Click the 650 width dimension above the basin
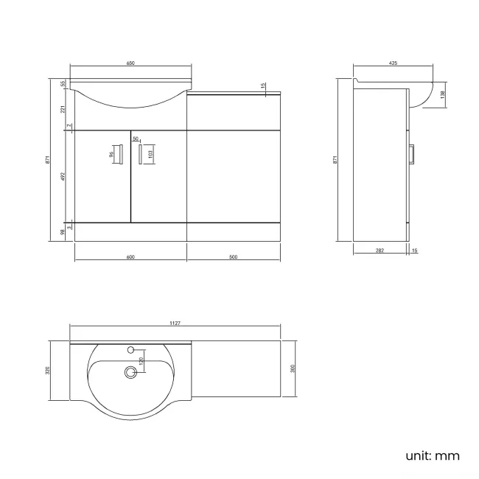click(x=130, y=64)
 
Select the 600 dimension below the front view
click(x=130, y=257)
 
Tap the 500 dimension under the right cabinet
click(x=233, y=257)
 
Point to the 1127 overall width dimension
click(x=175, y=324)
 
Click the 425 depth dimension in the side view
click(x=393, y=64)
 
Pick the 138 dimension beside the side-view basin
click(x=443, y=94)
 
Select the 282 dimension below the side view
click(x=380, y=251)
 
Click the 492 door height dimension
click(x=63, y=176)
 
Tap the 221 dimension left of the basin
click(x=63, y=108)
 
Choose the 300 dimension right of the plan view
click(x=293, y=368)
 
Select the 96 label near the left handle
click(x=112, y=155)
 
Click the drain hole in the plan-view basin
click(x=131, y=373)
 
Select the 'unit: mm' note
click(x=433, y=455)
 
